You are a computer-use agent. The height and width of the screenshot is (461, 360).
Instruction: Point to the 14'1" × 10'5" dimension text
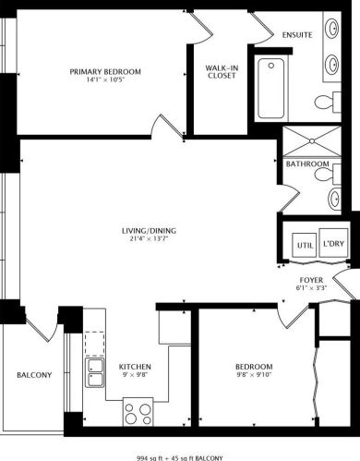click(x=104, y=79)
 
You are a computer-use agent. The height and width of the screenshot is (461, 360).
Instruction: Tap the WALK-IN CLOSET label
click(x=222, y=71)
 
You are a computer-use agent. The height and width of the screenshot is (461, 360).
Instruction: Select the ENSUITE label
click(x=296, y=36)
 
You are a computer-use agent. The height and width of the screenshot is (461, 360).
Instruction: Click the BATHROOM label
click(x=307, y=164)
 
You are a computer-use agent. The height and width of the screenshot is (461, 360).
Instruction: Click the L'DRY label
click(x=333, y=246)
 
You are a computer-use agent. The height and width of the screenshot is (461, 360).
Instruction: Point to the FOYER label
click(x=311, y=279)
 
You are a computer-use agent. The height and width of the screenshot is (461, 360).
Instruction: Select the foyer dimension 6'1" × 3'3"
click(x=311, y=288)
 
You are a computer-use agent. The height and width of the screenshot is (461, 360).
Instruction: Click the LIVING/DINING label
click(x=149, y=230)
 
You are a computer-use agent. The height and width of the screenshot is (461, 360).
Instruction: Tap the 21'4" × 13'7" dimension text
click(x=149, y=239)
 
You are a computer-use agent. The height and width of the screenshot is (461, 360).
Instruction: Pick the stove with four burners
click(x=138, y=410)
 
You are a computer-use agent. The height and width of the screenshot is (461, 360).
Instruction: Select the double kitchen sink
click(x=95, y=373)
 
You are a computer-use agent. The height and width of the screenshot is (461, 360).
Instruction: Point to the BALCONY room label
click(x=34, y=374)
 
